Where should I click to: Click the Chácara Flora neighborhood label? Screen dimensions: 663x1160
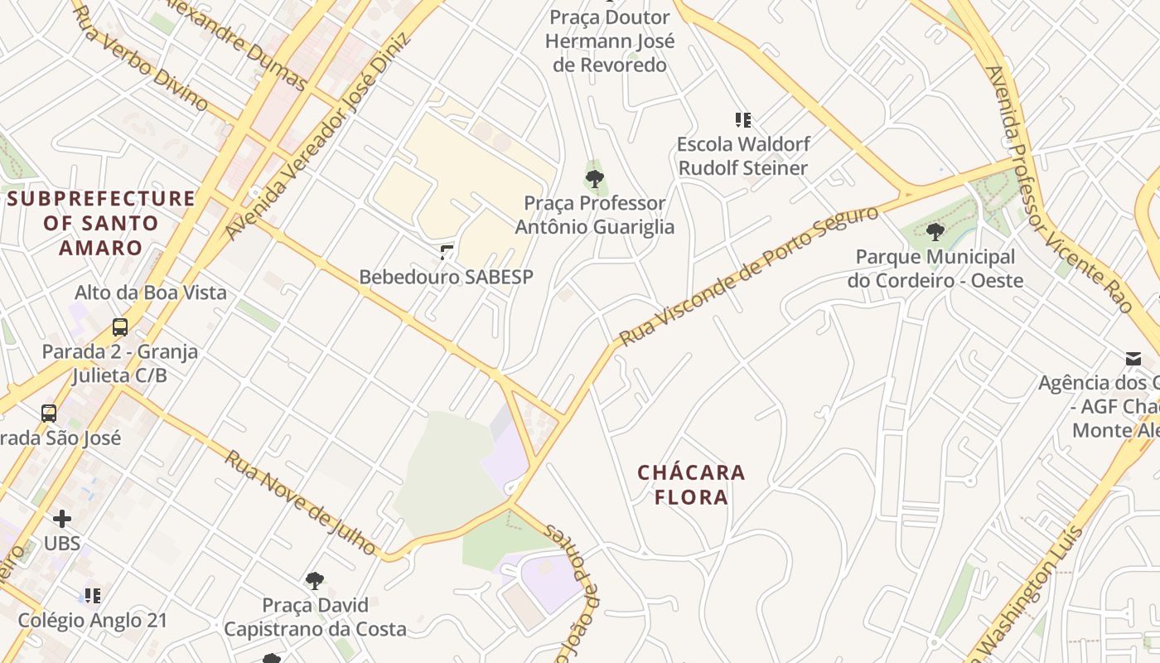[x=691, y=485]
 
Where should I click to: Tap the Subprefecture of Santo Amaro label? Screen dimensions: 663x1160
[x=101, y=223]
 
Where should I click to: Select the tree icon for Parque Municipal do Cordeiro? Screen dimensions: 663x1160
[x=935, y=232]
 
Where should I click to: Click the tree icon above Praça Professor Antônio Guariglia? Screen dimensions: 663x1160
[x=594, y=178]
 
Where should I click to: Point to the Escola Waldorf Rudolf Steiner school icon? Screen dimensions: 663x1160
[x=742, y=120]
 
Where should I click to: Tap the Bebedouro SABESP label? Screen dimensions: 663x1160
[x=446, y=277]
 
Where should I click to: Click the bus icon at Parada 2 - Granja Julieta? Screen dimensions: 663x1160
[x=120, y=327]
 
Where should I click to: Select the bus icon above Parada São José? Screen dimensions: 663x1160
[x=49, y=413]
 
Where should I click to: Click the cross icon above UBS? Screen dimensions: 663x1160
[x=62, y=519]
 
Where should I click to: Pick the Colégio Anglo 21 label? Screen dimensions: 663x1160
[x=93, y=620]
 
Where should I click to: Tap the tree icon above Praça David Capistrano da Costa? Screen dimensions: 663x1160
[x=314, y=581]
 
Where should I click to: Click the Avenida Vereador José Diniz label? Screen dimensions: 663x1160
[x=318, y=137]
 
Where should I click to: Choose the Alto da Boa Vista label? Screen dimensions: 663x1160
[x=151, y=293]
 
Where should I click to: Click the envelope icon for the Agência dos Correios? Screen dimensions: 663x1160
[x=1133, y=359]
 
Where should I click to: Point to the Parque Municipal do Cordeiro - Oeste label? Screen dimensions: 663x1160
[x=935, y=269]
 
